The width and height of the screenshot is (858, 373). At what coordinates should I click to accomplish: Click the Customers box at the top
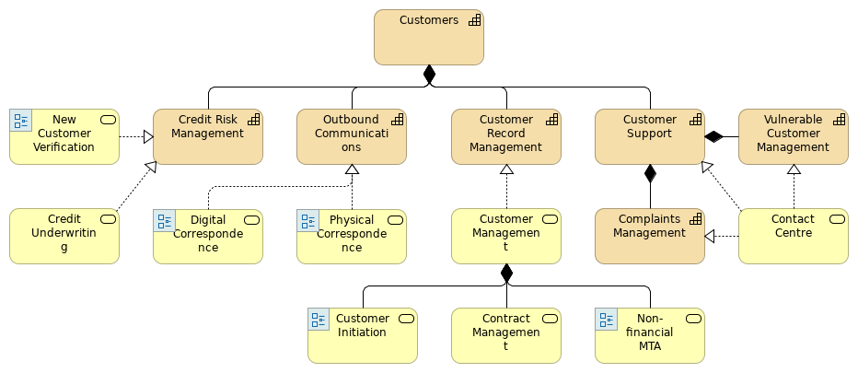coord(428,38)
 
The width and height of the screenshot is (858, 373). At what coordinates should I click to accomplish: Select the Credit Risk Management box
coord(208,137)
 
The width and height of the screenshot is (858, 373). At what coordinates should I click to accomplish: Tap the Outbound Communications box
coord(352,137)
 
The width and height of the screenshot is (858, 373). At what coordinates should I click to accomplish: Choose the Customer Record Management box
coord(506,137)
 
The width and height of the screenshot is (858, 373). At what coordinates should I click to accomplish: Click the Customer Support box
coord(650,137)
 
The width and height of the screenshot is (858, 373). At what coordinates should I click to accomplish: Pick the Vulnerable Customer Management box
coord(794,137)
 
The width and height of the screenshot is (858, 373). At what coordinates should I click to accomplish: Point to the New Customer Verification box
coord(64,137)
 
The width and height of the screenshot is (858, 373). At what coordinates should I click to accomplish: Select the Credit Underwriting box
coord(64,237)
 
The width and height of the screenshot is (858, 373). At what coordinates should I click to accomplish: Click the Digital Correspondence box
coord(208,237)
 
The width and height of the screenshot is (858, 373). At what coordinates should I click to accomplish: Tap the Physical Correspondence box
coord(352,237)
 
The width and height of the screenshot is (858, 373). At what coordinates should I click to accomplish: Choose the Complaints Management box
coord(650,237)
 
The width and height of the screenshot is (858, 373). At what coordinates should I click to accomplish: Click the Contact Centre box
coord(794,237)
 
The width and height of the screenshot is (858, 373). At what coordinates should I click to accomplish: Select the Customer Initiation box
coord(363,336)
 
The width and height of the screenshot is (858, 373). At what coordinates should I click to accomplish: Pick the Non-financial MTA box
coord(650,336)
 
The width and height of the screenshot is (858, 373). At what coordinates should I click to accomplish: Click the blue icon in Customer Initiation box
coord(319,320)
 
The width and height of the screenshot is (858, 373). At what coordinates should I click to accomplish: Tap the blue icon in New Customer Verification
coord(20,121)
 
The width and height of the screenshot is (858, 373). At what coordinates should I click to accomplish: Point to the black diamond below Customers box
coord(429,75)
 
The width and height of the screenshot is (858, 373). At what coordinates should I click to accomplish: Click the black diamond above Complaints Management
coord(650,173)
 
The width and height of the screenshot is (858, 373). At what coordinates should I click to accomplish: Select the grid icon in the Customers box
coord(474,20)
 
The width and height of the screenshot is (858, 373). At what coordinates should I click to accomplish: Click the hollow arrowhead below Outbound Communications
coord(352,170)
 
